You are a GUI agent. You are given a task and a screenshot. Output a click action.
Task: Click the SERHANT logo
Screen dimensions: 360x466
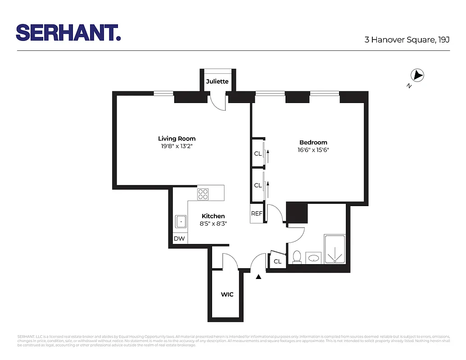point(68,32)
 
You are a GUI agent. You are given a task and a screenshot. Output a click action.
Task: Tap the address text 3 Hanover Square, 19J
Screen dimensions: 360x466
point(407,40)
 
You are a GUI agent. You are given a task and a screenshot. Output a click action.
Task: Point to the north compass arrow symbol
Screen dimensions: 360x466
point(418,76)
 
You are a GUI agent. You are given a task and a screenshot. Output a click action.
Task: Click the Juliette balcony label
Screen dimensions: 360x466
point(217,81)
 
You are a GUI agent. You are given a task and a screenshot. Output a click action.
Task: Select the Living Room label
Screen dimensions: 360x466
point(176,139)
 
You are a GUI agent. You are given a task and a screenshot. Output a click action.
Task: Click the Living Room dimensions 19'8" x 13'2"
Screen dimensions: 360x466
point(176,146)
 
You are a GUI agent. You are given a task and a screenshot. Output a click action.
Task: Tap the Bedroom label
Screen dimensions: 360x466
point(313,142)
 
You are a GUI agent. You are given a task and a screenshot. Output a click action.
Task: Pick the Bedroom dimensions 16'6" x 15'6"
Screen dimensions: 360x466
point(313,150)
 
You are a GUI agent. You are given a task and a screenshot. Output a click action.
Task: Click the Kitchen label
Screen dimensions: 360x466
point(213,216)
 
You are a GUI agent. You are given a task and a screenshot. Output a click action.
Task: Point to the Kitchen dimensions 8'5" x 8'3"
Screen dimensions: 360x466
point(213,224)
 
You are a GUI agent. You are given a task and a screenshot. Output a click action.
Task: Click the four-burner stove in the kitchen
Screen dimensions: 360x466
point(203,194)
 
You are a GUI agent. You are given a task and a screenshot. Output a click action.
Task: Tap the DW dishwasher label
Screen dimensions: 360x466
point(179,238)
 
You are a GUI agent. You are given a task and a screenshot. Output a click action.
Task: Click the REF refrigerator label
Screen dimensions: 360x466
point(257,214)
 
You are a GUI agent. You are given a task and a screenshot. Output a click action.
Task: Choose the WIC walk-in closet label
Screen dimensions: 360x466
point(227,295)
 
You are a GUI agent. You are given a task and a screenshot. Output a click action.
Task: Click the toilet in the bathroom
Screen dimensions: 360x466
point(297,256)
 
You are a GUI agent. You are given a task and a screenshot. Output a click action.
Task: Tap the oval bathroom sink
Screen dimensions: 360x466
point(313,258)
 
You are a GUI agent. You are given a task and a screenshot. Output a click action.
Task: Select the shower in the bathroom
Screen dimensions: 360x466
point(335,249)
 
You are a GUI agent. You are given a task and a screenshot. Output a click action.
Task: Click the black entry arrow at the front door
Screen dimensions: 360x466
point(258,277)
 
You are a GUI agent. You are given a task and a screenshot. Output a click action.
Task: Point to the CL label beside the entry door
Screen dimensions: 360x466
point(277,261)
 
